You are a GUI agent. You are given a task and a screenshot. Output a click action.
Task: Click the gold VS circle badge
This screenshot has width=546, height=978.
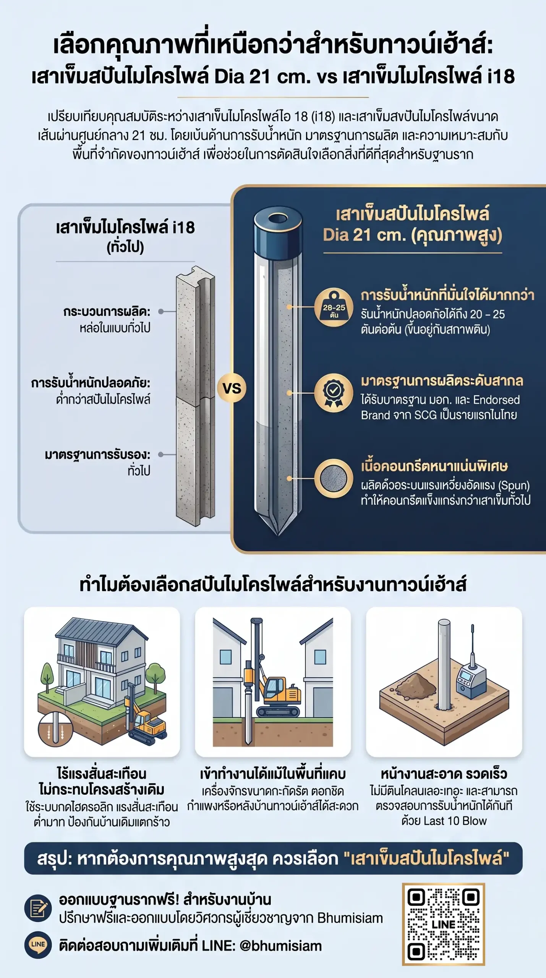point(232,389)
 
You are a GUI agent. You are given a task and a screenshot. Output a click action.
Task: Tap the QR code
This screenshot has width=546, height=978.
point(443,924)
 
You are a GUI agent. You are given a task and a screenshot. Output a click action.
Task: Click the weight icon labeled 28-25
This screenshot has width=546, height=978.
point(334,307)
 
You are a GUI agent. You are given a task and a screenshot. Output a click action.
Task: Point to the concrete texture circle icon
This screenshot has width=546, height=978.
point(334,478)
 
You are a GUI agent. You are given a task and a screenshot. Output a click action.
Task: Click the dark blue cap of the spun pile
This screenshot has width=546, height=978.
point(278,233)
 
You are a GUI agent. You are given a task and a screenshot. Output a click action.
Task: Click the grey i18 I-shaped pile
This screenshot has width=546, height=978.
point(196,396)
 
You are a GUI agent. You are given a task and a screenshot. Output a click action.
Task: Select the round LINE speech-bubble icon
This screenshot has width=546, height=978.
point(38,945)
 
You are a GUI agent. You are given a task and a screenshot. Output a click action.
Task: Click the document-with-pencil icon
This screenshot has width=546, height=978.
point(38,908)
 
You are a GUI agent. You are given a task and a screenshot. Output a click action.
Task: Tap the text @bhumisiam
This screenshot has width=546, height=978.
point(280,946)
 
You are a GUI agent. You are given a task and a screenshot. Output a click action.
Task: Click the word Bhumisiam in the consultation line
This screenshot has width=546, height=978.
point(350,918)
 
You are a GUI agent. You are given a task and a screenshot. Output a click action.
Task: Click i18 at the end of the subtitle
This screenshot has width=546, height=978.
point(501,76)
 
